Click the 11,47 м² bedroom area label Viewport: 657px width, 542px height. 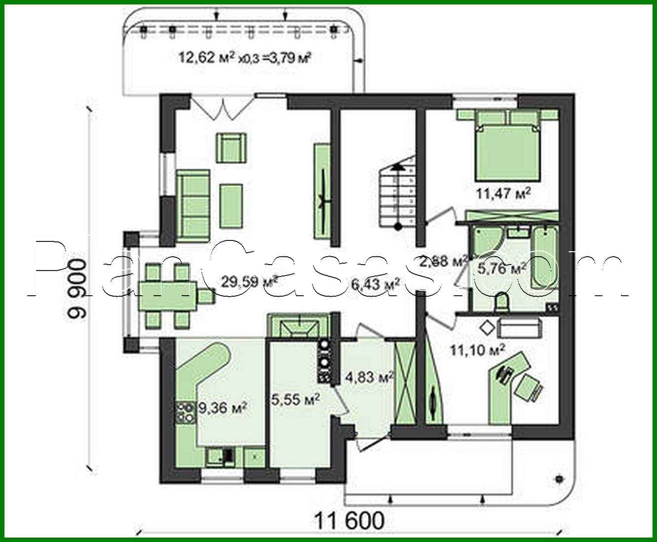pyautogui.click(x=503, y=192)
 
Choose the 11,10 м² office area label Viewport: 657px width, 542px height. pyautogui.click(x=477, y=350)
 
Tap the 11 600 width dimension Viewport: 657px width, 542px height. pyautogui.click(x=349, y=520)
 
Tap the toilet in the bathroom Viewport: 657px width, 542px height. pyautogui.click(x=502, y=302)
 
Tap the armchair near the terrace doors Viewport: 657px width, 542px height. pyautogui.click(x=231, y=147)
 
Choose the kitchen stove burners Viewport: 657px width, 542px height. pyautogui.click(x=185, y=413)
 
